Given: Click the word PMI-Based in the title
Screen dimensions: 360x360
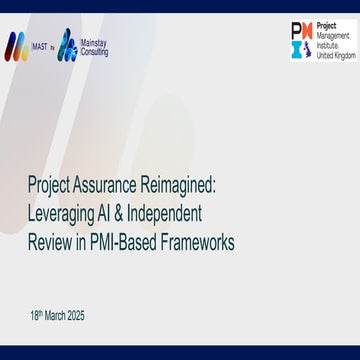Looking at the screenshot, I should tap(127, 241).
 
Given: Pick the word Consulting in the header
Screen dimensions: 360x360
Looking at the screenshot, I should tap(96, 51).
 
